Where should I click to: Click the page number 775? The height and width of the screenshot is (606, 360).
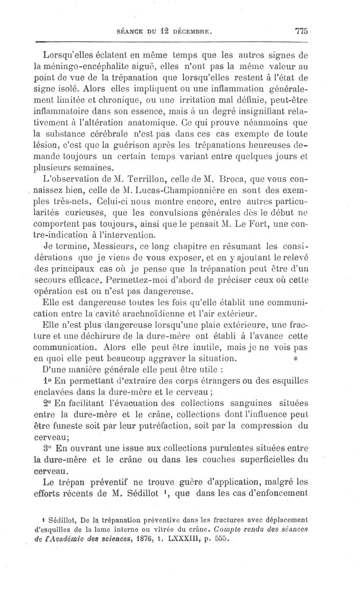(x=301, y=31)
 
